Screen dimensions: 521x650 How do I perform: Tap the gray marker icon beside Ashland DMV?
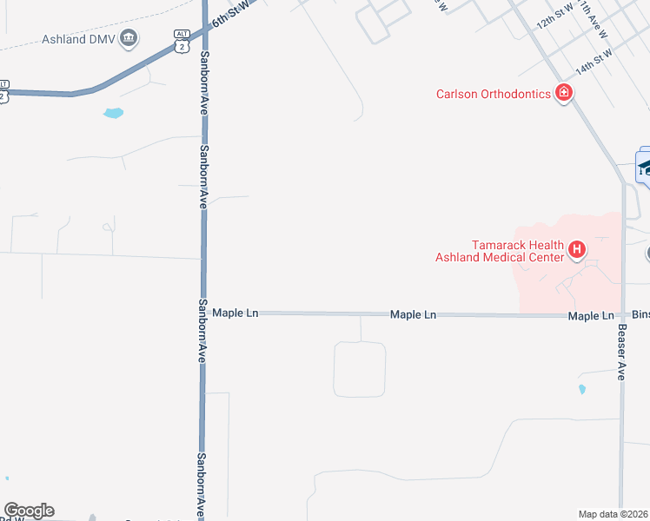point(129,38)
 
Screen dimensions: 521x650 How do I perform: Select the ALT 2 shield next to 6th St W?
point(181,41)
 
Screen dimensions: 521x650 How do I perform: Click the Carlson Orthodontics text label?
point(493,94)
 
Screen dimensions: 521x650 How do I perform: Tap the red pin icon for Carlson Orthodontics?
point(563,92)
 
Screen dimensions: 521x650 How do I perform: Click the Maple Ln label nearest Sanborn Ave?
point(235,313)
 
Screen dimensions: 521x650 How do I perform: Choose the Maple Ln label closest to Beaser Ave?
point(591,317)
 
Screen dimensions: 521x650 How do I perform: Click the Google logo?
point(29,511)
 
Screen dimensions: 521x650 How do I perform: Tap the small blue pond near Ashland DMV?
point(113,113)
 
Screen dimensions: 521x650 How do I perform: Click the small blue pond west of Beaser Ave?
point(581,390)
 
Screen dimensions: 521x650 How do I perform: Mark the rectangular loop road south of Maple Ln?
point(359,369)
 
